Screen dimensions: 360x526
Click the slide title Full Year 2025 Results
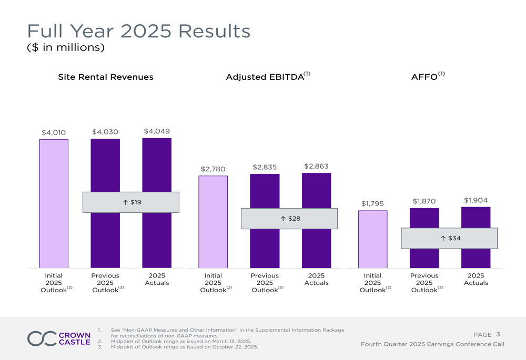(x=139, y=31)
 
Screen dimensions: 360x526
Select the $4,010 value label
(x=54, y=132)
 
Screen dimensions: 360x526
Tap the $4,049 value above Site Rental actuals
(x=157, y=131)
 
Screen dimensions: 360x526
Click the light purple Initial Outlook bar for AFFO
(x=372, y=239)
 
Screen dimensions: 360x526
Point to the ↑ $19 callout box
(x=131, y=202)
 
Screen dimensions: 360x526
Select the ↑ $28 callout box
(x=289, y=219)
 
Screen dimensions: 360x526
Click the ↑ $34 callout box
(x=449, y=238)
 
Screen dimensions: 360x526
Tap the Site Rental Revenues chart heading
(x=106, y=77)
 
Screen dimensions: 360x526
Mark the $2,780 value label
(x=213, y=169)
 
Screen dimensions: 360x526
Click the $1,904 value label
(x=476, y=200)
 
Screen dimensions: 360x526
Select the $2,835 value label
(x=265, y=167)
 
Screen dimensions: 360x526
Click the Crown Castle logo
(x=59, y=338)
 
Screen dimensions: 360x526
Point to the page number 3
(x=498, y=334)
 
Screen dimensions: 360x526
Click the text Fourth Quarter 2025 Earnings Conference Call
(x=432, y=344)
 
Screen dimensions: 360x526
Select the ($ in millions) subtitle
(x=66, y=48)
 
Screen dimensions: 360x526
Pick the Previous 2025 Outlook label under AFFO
(x=424, y=283)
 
